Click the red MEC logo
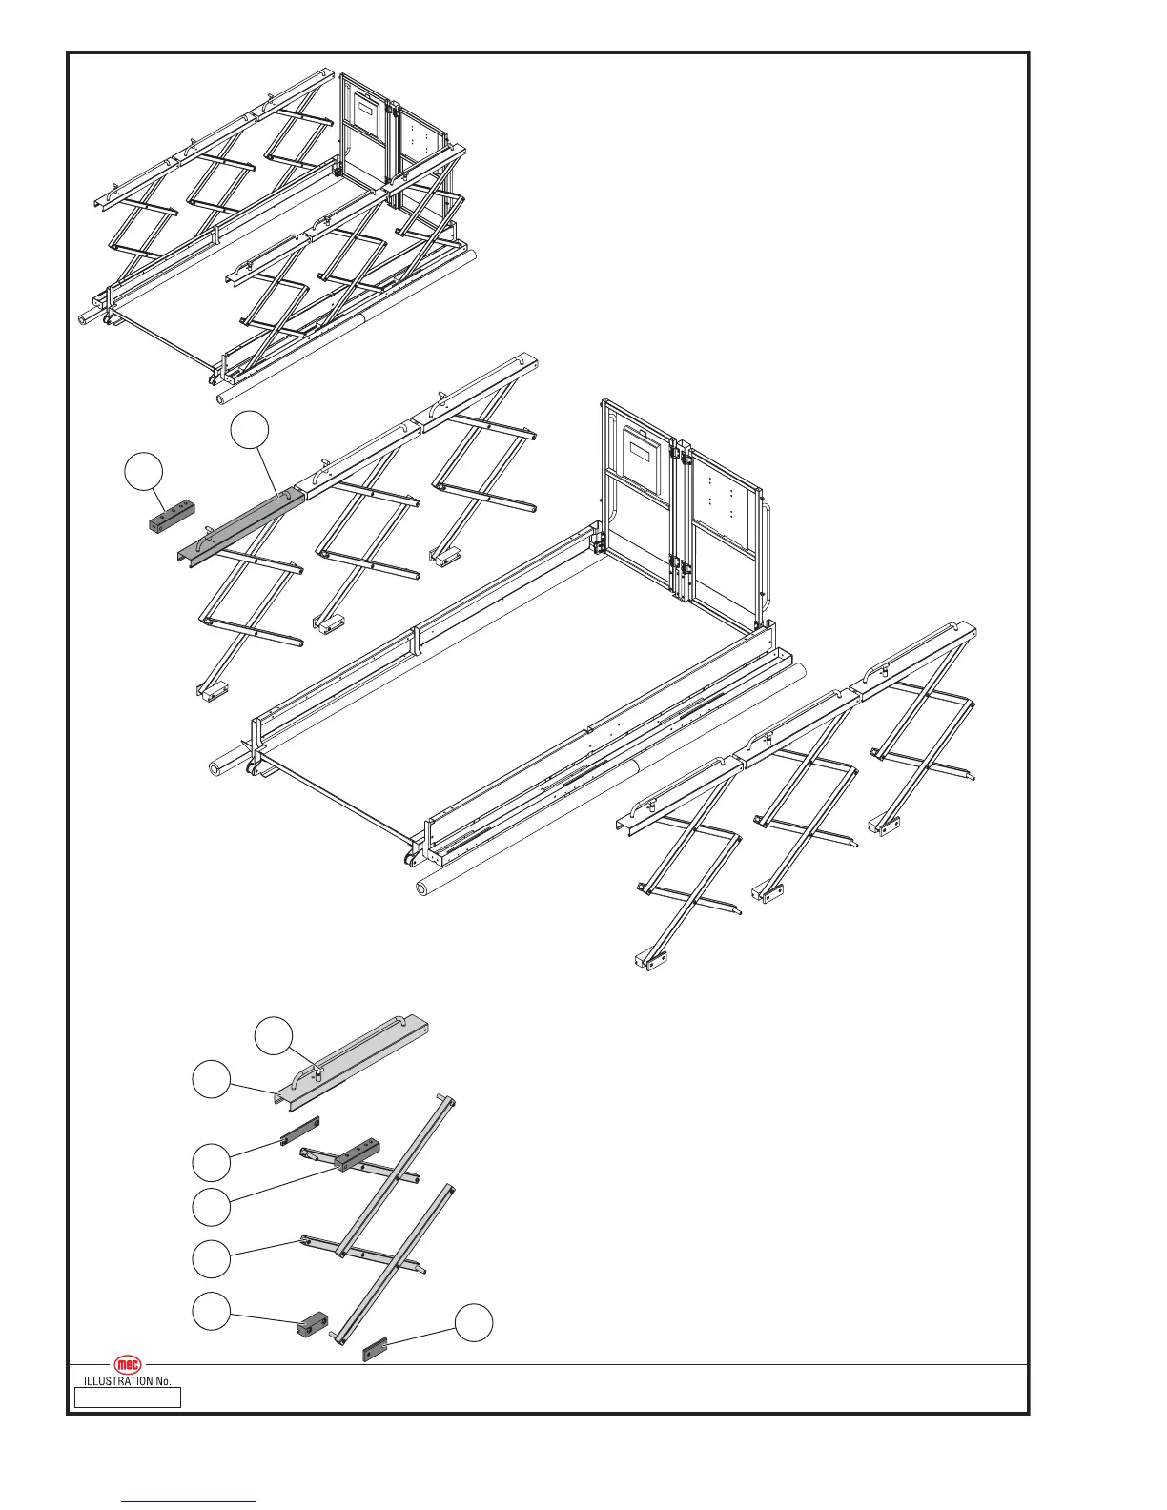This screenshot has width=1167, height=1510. pos(128,1365)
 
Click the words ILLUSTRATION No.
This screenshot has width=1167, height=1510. pos(128,1381)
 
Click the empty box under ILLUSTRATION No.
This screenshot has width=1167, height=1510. pos(128,1398)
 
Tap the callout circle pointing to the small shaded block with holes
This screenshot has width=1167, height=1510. pos(143,474)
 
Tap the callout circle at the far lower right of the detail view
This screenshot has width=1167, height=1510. pos(474,1324)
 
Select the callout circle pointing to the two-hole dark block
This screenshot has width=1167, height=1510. pos(211,1311)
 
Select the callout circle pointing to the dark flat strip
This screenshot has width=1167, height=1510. pos(211,1162)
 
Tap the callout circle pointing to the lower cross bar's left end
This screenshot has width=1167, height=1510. pos(211,1259)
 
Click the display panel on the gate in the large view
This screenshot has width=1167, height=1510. pos(642,458)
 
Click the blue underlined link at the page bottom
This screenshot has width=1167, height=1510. pos(190,1500)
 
